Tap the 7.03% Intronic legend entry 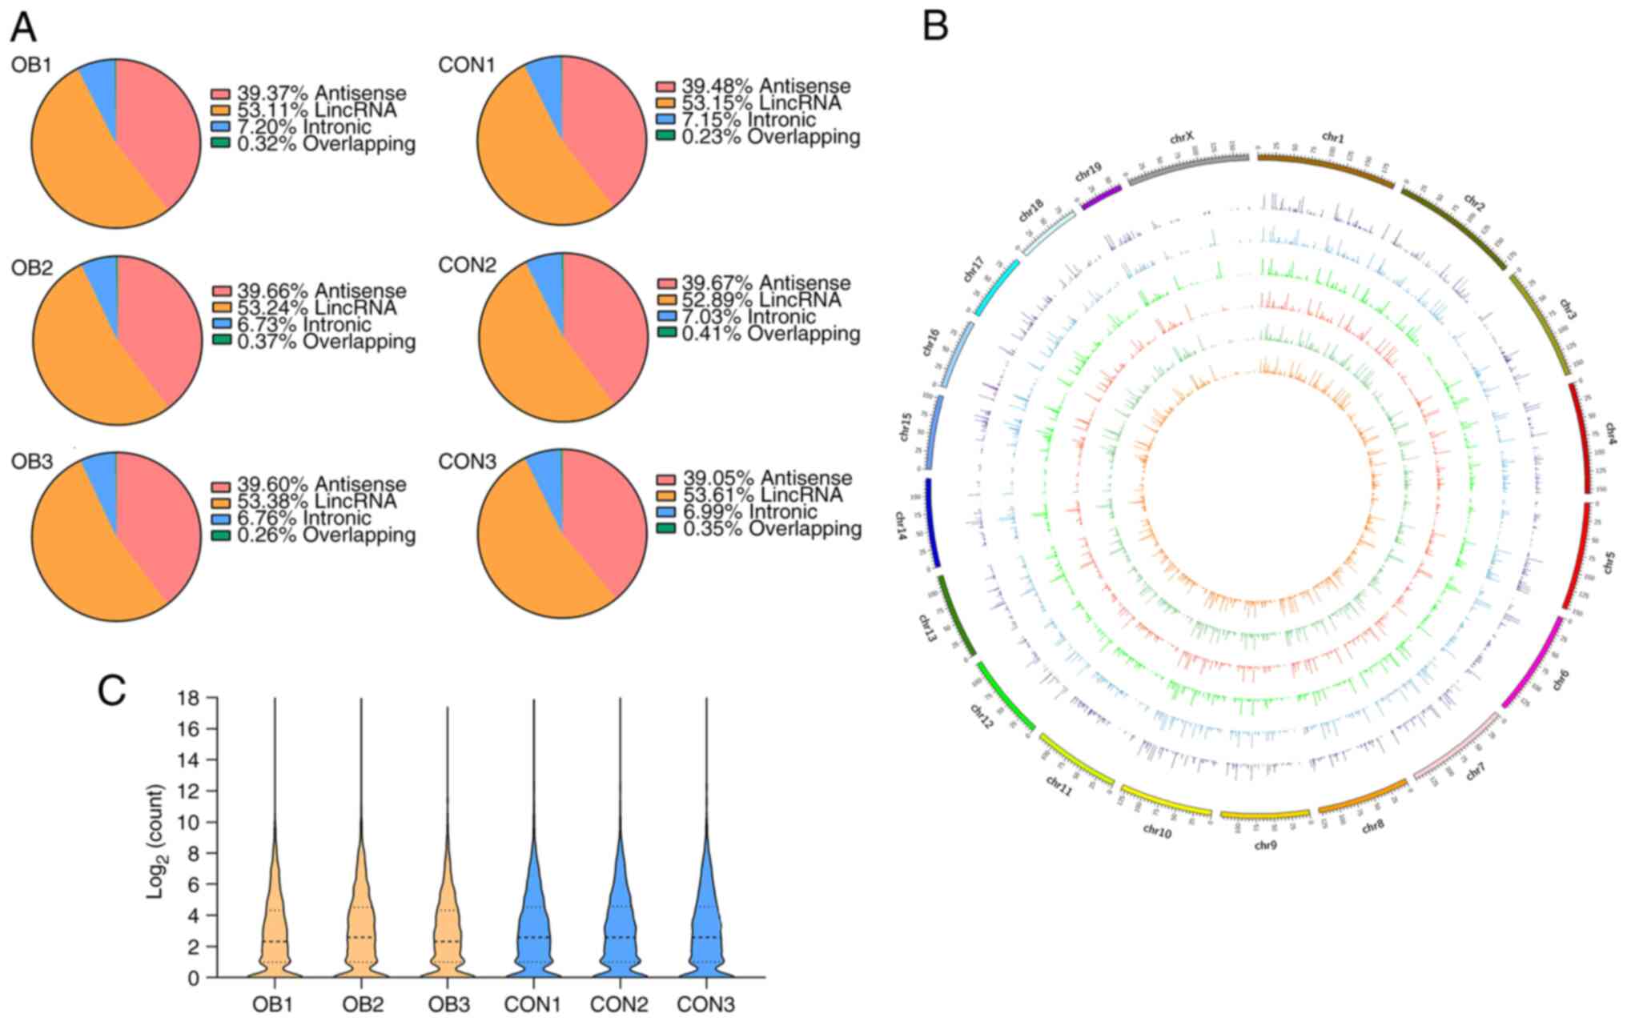pos(748,317)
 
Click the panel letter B pos(935,26)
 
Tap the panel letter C pos(112,691)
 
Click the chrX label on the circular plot pos(1182,138)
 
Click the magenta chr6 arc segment pos(1533,663)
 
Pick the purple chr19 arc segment pos(1102,197)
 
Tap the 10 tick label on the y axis pos(189,822)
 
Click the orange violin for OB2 pos(361,920)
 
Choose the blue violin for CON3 pos(706,920)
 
